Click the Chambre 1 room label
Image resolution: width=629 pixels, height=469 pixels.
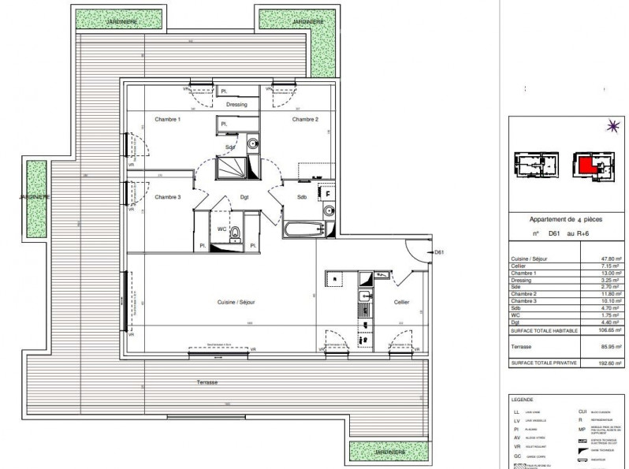click(167, 120)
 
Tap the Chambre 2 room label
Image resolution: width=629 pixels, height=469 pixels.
click(305, 120)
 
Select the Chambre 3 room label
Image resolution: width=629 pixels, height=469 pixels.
click(167, 197)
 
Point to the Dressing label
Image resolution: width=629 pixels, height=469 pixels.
click(236, 105)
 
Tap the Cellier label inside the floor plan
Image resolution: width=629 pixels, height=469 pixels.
click(402, 302)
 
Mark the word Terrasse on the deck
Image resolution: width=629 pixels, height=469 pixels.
click(207, 382)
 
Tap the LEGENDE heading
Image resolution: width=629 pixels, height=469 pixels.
click(524, 400)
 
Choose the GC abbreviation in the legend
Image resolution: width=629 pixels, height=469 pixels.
click(517, 456)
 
